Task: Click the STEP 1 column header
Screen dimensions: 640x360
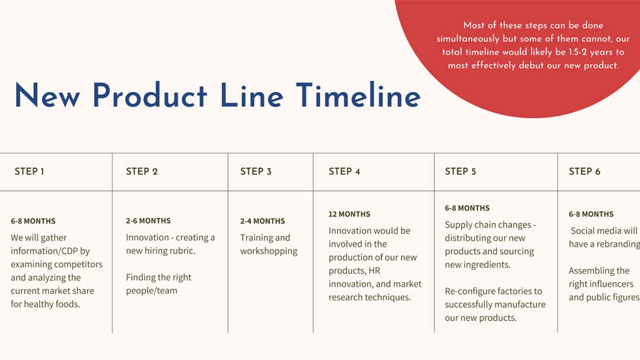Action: pyautogui.click(x=29, y=171)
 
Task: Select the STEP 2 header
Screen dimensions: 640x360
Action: pyautogui.click(x=142, y=171)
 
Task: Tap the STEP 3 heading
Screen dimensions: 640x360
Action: pyautogui.click(x=255, y=171)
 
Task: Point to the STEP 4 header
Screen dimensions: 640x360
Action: pyautogui.click(x=344, y=171)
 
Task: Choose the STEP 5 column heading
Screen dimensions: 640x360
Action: pyautogui.click(x=460, y=171)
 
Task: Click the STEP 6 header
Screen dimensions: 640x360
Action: pyautogui.click(x=584, y=171)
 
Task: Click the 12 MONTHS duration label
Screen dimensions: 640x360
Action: pyautogui.click(x=349, y=214)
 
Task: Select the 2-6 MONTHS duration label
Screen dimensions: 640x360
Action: pyautogui.click(x=148, y=221)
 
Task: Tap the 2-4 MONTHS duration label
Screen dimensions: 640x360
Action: pyautogui.click(x=263, y=221)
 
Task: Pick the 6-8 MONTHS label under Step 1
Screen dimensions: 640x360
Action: pyautogui.click(x=33, y=221)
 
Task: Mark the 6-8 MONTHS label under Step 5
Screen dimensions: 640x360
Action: pyautogui.click(x=467, y=208)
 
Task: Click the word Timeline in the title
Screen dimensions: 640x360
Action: pyautogui.click(x=359, y=95)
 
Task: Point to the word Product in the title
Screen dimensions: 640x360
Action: pyautogui.click(x=150, y=95)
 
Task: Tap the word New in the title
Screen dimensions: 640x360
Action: pyautogui.click(x=47, y=95)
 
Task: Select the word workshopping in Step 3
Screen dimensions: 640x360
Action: pyautogui.click(x=268, y=251)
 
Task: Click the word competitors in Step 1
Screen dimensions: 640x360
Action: pyautogui.click(x=78, y=265)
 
